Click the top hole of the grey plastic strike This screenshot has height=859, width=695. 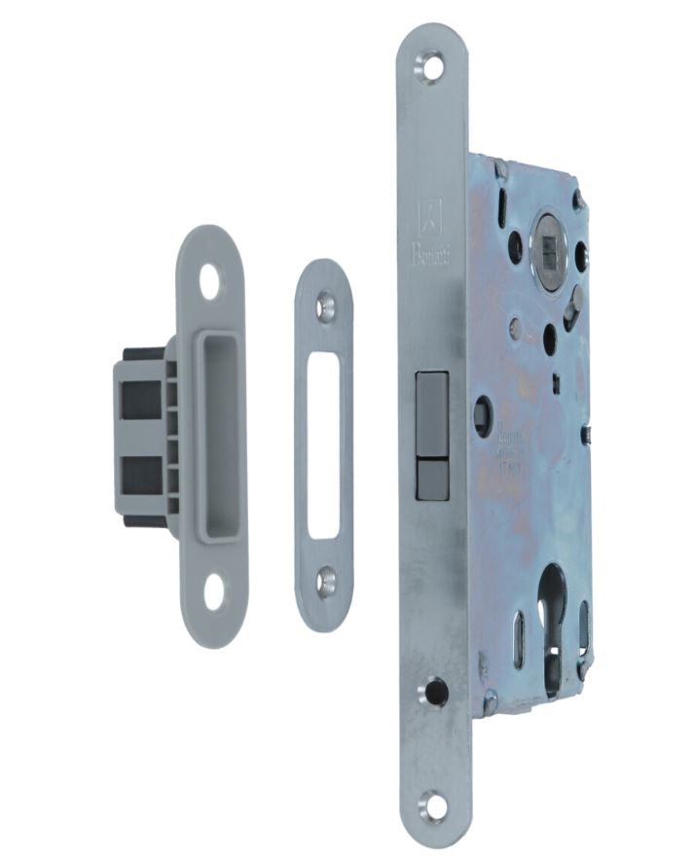click(209, 280)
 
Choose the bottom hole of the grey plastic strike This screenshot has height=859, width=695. click(213, 591)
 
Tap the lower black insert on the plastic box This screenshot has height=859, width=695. click(142, 478)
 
